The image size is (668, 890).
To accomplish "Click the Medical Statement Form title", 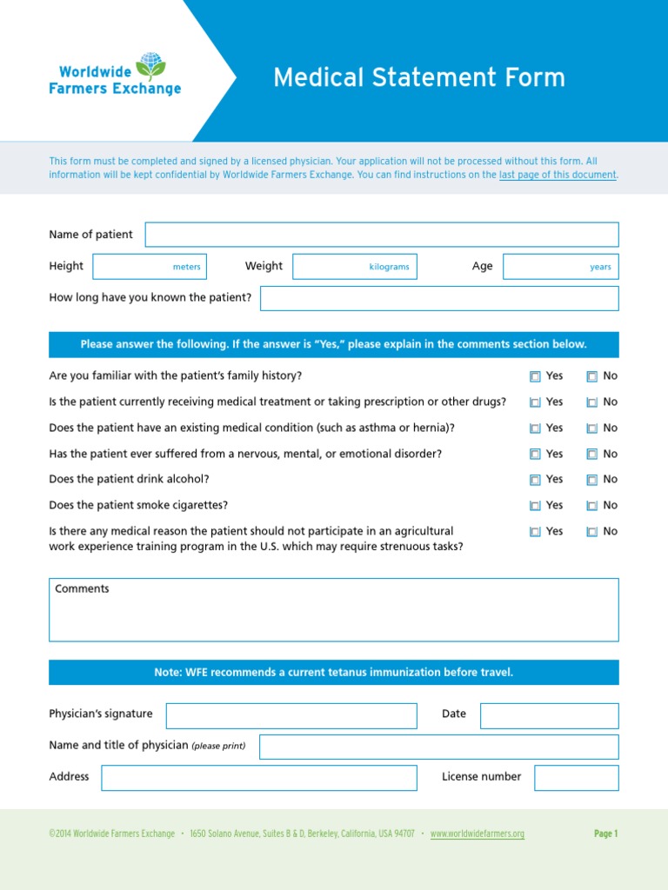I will pyautogui.click(x=418, y=77).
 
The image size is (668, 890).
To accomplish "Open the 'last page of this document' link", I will pyautogui.click(x=558, y=175).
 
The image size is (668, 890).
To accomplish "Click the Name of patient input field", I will pyautogui.click(x=381, y=235).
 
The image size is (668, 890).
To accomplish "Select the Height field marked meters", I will pyautogui.click(x=149, y=267).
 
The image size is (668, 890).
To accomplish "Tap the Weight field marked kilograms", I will pyautogui.click(x=354, y=267).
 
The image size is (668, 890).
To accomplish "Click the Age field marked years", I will pyautogui.click(x=560, y=267).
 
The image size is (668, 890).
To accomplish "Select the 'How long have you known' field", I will pyautogui.click(x=439, y=298).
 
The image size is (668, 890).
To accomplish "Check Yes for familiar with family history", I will pyautogui.click(x=535, y=376).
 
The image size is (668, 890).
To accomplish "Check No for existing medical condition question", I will pyautogui.click(x=591, y=428).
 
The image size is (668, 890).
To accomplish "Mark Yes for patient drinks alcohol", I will pyautogui.click(x=535, y=480).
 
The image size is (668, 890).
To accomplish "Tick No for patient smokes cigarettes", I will pyautogui.click(x=591, y=506).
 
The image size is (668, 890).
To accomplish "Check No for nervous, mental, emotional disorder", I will pyautogui.click(x=591, y=454).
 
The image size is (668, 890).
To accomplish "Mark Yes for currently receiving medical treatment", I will pyautogui.click(x=535, y=402).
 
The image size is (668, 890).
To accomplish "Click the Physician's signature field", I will pyautogui.click(x=291, y=715).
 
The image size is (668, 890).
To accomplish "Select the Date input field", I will pyautogui.click(x=549, y=715).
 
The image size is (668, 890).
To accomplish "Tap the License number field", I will pyautogui.click(x=576, y=778).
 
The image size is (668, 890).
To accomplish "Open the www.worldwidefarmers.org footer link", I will pyautogui.click(x=477, y=834).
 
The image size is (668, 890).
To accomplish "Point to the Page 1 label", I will pyautogui.click(x=605, y=834).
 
